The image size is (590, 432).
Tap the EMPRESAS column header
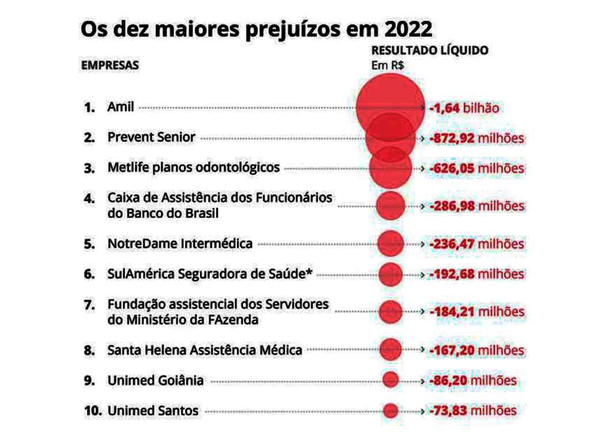click(x=109, y=65)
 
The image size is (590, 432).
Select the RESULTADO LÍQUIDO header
click(x=429, y=50)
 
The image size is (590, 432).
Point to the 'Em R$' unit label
click(x=387, y=65)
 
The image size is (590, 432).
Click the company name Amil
click(x=120, y=107)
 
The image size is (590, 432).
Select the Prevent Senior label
click(x=152, y=137)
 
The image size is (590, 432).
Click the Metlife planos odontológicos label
click(x=194, y=167)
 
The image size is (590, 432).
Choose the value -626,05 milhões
click(x=476, y=168)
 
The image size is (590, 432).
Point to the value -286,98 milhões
click(x=476, y=206)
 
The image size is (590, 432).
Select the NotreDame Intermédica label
click(x=180, y=243)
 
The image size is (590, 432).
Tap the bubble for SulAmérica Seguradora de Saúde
click(x=391, y=273)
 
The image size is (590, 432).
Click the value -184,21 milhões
click(x=476, y=312)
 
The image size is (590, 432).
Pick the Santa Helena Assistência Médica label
click(x=205, y=350)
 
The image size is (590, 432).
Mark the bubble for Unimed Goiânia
click(x=391, y=380)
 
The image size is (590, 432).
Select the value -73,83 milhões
click(x=472, y=411)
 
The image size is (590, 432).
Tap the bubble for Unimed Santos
click(x=391, y=411)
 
